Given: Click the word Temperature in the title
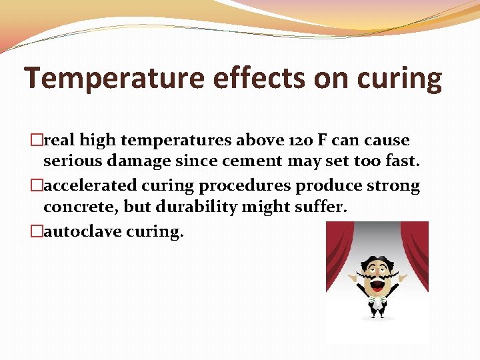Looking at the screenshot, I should [114, 79].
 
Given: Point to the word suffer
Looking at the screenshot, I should [321, 207].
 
